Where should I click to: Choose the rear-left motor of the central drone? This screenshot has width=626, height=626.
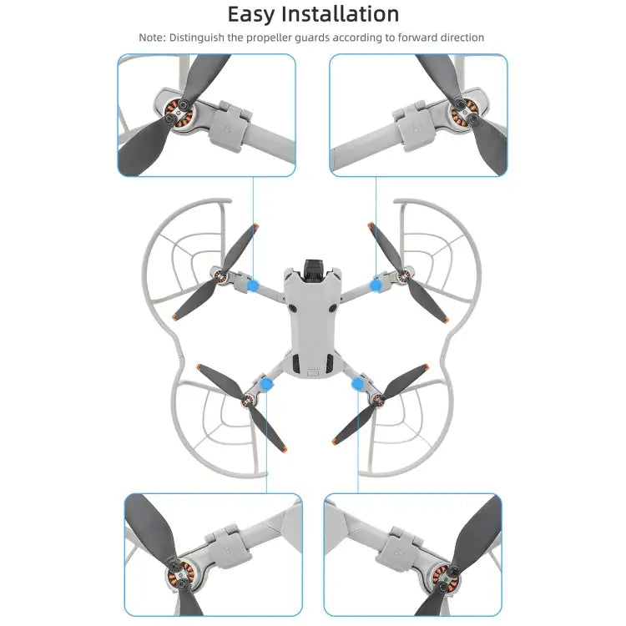click(249, 400)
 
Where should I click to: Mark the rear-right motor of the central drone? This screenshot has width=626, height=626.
click(376, 400)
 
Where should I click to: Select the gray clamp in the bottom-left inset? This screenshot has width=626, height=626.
click(234, 547)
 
